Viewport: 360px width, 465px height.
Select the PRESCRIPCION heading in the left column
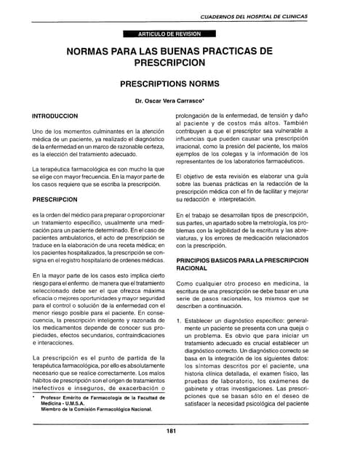55,198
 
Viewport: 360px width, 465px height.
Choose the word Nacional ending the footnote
139,410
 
